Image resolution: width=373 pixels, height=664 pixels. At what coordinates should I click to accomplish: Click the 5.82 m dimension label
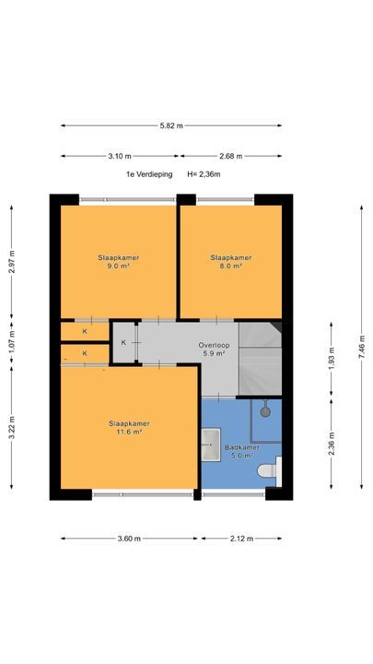coord(171,125)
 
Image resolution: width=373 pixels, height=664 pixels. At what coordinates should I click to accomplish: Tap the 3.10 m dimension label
coord(120,156)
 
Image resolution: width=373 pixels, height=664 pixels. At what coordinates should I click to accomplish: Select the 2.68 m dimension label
coord(231,156)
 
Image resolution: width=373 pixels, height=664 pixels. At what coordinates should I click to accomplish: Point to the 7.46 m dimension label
coord(362,348)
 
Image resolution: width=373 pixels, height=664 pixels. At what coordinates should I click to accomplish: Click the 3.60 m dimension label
coord(129,539)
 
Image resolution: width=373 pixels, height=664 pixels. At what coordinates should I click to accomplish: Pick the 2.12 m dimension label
coord(241,539)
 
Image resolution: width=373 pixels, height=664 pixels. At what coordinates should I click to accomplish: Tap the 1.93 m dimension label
coord(332,358)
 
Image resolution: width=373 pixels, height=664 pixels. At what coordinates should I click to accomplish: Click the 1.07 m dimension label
coord(11,342)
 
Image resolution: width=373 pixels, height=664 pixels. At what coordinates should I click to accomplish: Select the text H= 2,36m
coord(204,174)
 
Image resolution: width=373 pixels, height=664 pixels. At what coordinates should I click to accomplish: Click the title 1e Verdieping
coord(149,174)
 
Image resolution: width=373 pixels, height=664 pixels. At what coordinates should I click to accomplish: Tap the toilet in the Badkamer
coord(269,470)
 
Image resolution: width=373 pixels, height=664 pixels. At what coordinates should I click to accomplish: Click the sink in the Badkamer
coord(211,445)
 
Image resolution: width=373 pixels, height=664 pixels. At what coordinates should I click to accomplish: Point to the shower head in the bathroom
coord(265,409)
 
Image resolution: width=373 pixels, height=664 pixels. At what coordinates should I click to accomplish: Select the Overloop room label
coord(214,349)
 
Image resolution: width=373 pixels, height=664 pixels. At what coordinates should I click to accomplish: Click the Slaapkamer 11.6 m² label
coord(130,428)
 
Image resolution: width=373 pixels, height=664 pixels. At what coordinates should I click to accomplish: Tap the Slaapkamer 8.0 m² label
coord(231,262)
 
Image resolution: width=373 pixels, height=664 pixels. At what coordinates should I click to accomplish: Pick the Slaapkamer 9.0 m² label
coord(119,262)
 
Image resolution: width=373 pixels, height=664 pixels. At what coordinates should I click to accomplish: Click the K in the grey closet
coord(123,342)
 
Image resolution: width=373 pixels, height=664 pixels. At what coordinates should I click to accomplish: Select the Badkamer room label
coord(242,451)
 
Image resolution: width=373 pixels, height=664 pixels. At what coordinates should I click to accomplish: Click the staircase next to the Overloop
coord(260,358)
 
